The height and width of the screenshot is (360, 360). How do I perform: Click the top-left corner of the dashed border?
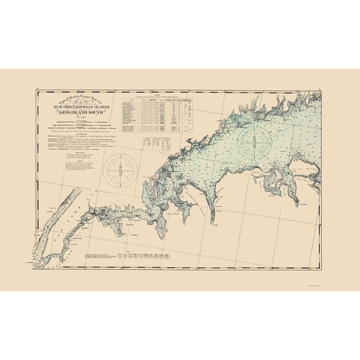tap(36, 92)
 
